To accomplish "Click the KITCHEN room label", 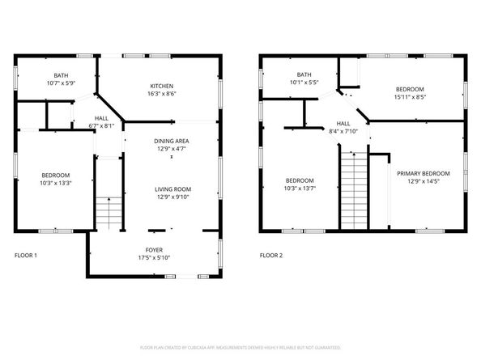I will (x=161, y=87).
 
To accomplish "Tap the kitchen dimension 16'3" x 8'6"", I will (x=161, y=94).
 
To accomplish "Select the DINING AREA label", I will (x=171, y=141).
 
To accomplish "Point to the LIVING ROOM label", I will (x=173, y=189).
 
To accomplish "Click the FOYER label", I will (x=154, y=251).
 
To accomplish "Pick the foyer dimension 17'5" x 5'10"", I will (x=154, y=258).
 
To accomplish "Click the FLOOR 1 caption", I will (x=26, y=255).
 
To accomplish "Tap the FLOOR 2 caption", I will (x=270, y=255).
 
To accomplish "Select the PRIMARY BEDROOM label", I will (x=423, y=174).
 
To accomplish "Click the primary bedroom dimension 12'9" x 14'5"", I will (x=423, y=181).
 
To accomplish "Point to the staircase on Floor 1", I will (x=108, y=213).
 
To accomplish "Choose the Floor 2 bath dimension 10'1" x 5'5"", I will (x=304, y=82).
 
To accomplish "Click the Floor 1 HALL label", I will (x=102, y=118).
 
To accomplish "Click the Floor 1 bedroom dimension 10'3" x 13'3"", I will (x=56, y=183).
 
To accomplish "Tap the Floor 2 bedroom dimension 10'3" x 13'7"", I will (x=299, y=188).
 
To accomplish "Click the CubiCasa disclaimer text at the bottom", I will (x=240, y=347).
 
